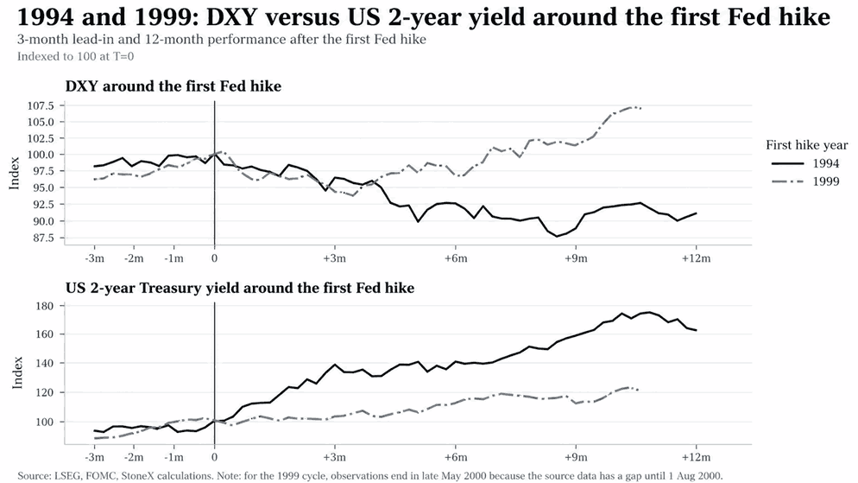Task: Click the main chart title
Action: coord(424,17)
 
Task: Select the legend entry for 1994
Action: coord(805,163)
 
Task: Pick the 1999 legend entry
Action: coord(805,181)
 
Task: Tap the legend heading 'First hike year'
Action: coord(806,145)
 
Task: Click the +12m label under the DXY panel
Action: coord(696,258)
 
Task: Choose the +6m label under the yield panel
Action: coord(455,457)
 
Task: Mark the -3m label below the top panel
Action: coord(94,258)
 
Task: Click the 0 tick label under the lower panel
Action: coord(214,457)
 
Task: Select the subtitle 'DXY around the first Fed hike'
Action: coord(173,86)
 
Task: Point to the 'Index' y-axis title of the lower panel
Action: coord(17,373)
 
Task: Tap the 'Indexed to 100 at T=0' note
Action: coord(75,56)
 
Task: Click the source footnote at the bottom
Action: coord(370,475)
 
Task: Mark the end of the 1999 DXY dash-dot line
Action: coord(640,108)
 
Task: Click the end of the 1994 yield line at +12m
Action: coord(696,330)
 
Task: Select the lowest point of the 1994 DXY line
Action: coord(557,237)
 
